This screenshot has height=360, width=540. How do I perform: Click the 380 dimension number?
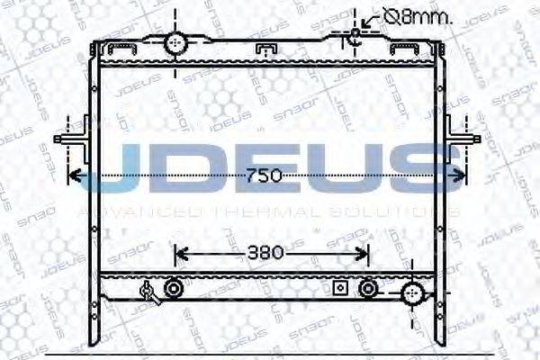pos(269,253)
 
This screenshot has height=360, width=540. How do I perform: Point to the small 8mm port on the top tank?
pos(355,35)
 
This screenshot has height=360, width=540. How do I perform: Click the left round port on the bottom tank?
pos(173,288)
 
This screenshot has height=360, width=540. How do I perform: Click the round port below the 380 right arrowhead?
pos(367,288)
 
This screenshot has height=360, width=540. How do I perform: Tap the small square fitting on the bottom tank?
pos(339,288)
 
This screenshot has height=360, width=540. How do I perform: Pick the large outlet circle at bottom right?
pos(414,292)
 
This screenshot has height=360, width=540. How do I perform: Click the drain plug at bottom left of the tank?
pos(149,290)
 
